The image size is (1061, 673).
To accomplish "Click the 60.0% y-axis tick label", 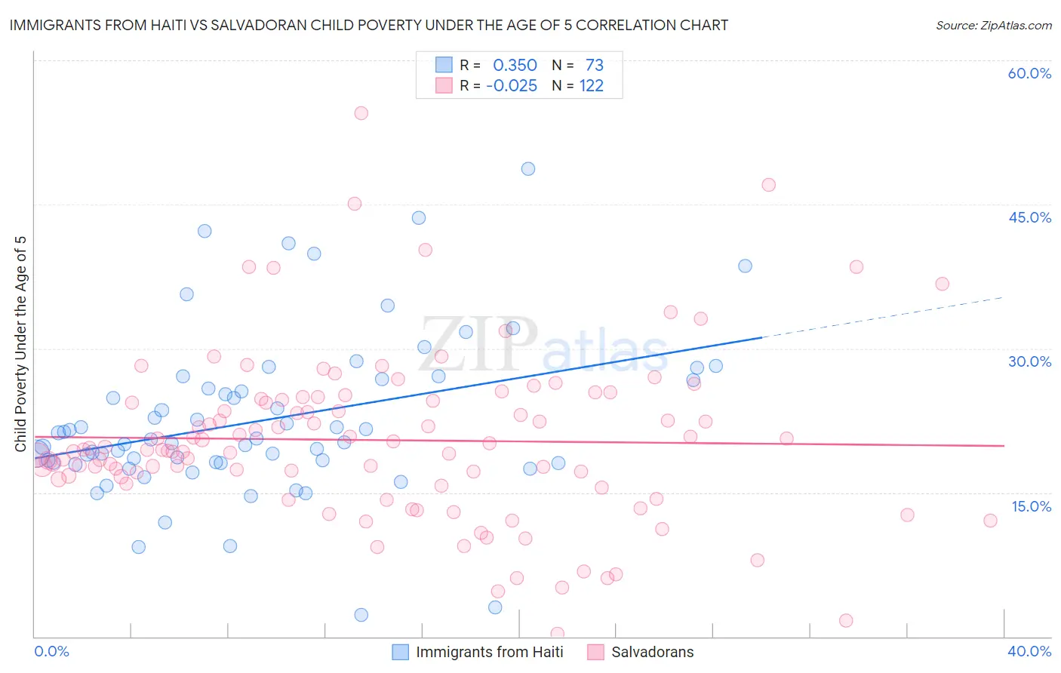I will [1029, 73].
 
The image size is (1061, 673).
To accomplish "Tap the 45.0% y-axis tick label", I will [1029, 217].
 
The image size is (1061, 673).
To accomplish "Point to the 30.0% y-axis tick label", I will [1029, 361].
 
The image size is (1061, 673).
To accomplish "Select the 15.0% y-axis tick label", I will [1030, 506].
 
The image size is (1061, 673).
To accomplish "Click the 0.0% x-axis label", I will [51, 651].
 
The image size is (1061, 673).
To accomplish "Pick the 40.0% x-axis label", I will [1029, 651].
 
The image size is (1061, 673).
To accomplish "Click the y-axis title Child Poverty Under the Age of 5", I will [20, 344].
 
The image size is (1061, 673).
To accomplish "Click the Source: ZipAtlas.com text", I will [993, 26].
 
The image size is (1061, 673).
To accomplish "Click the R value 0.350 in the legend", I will [515, 66].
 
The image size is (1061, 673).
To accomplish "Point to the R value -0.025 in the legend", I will [512, 86].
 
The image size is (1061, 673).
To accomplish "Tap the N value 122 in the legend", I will [592, 86].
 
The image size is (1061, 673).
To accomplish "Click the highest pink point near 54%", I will [361, 113].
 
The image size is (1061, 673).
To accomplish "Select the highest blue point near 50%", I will [528, 169].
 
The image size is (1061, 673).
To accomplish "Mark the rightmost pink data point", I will [990, 521].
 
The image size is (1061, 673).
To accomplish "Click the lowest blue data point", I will [361, 615].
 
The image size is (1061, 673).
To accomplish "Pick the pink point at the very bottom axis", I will [558, 634].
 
